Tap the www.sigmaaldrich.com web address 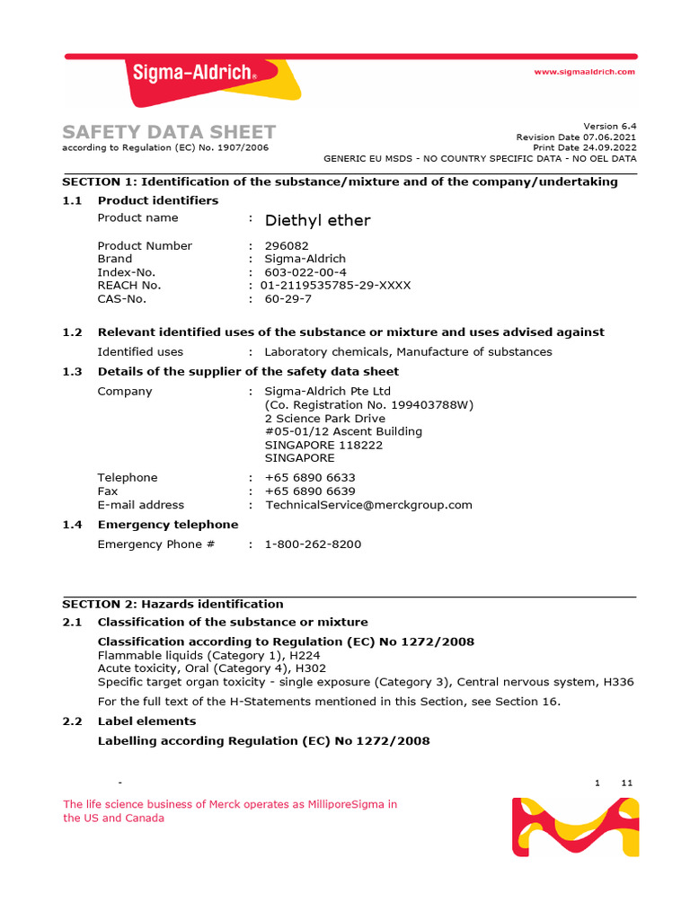tap(584, 72)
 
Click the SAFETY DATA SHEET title tap(169, 132)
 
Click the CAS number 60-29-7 tap(287, 298)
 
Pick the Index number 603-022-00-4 tap(305, 272)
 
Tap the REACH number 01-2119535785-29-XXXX tap(335, 285)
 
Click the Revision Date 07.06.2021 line tap(576, 137)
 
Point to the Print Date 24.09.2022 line tap(584, 146)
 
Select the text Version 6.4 tap(609, 126)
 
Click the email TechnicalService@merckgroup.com tap(368, 505)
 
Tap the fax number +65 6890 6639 tap(310, 491)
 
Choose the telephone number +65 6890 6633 tap(310, 478)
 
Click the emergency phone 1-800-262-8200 tap(313, 544)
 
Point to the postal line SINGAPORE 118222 tap(323, 445)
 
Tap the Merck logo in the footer tap(575, 827)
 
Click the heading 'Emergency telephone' tap(168, 525)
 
